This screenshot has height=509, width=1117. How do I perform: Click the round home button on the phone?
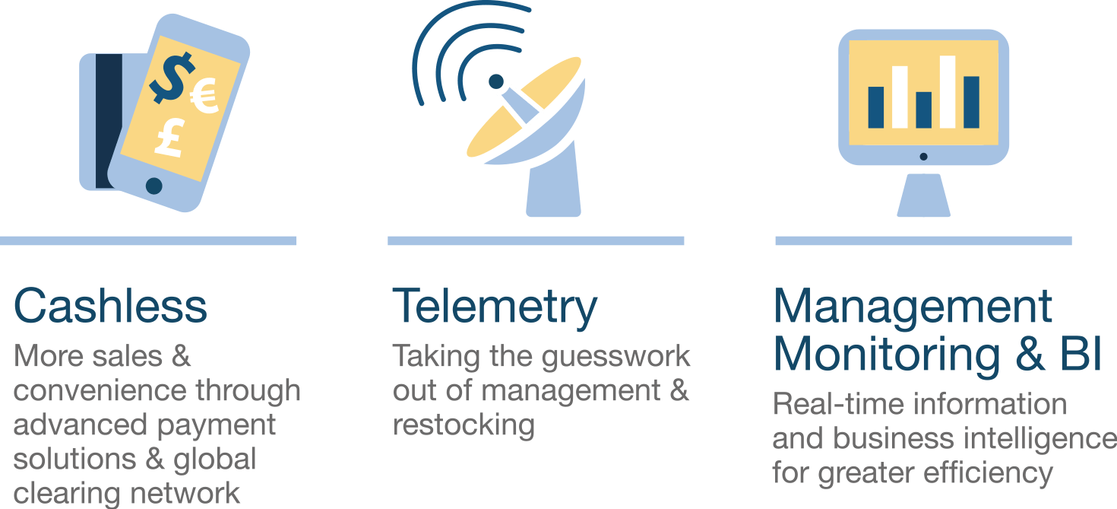(x=154, y=185)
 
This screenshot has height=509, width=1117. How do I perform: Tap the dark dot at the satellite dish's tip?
(x=495, y=81)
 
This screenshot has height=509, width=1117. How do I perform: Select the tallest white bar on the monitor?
(x=947, y=91)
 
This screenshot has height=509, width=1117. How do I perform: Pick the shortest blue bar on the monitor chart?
(x=923, y=110)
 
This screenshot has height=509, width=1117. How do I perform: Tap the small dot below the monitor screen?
(x=923, y=157)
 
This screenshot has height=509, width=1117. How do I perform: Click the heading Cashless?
(x=110, y=306)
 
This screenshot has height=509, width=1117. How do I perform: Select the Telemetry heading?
(x=495, y=307)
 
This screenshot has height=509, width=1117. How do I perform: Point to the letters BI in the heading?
(x=1080, y=355)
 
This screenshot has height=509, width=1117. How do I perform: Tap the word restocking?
(x=464, y=425)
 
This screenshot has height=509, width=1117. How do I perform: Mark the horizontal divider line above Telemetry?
(x=536, y=240)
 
